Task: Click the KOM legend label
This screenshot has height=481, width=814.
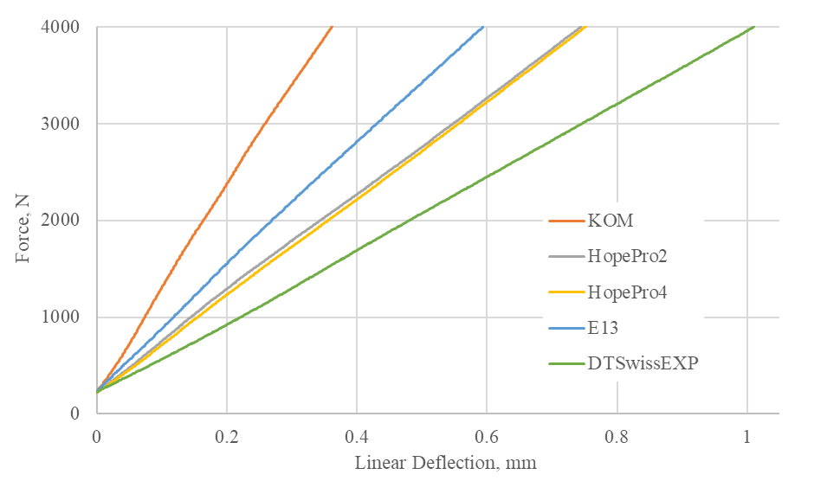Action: tap(610, 221)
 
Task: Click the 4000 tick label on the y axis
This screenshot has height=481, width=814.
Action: tap(61, 28)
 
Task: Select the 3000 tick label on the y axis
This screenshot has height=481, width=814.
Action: tap(61, 124)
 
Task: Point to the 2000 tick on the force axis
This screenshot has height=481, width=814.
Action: tap(61, 221)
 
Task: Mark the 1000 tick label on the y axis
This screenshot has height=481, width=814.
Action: tap(61, 317)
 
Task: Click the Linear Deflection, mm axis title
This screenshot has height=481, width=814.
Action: tap(445, 463)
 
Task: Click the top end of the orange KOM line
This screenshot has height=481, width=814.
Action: tap(332, 28)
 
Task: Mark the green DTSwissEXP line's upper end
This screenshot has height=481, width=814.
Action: tap(754, 27)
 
